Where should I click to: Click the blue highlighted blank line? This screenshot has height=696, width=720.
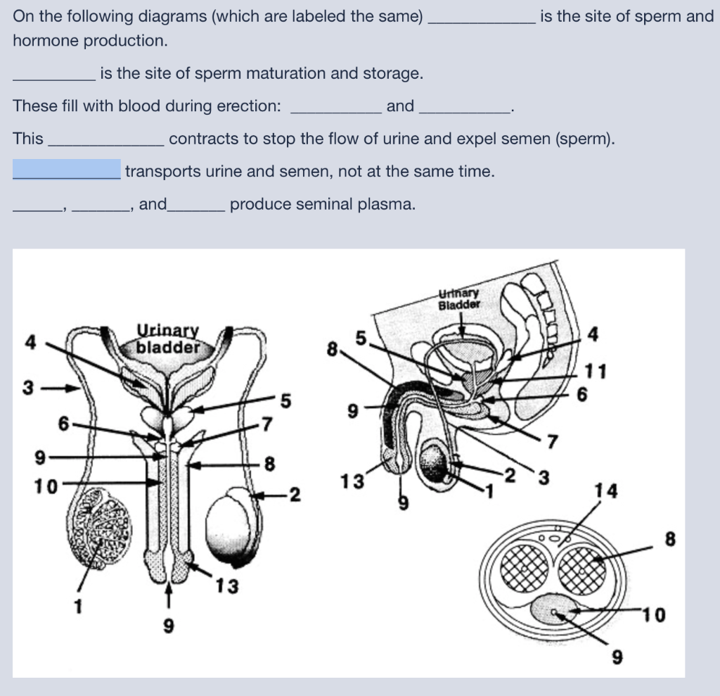coord(67,170)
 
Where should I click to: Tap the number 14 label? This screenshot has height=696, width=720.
coord(606,491)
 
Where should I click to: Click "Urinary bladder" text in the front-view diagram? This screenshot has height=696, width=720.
coord(167,340)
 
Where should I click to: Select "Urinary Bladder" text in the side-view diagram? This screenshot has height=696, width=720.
coord(459,299)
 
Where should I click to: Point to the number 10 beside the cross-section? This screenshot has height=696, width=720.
coord(653,615)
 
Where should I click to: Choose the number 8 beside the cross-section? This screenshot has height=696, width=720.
coord(670,540)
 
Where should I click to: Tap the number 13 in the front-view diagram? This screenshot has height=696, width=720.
coord(226,585)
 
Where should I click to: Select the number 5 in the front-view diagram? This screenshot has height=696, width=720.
coord(285,401)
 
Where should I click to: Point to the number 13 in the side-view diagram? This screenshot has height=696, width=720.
coord(352,482)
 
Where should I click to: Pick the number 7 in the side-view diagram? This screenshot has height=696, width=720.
coord(552,442)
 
